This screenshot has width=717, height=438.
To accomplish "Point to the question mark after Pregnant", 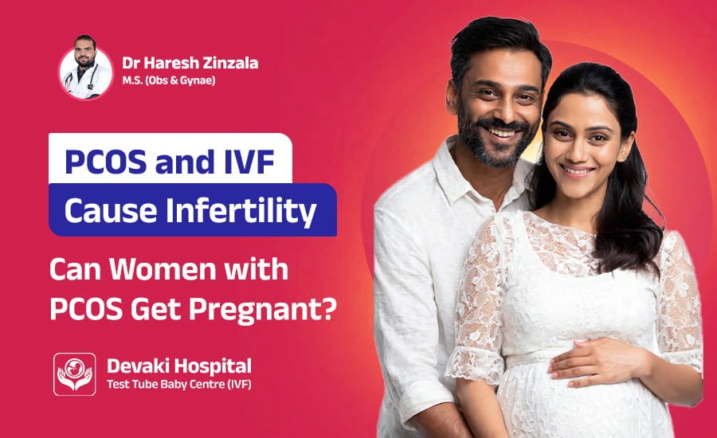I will [x=328, y=308].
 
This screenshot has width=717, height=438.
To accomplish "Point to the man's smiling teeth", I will [x=504, y=131].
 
